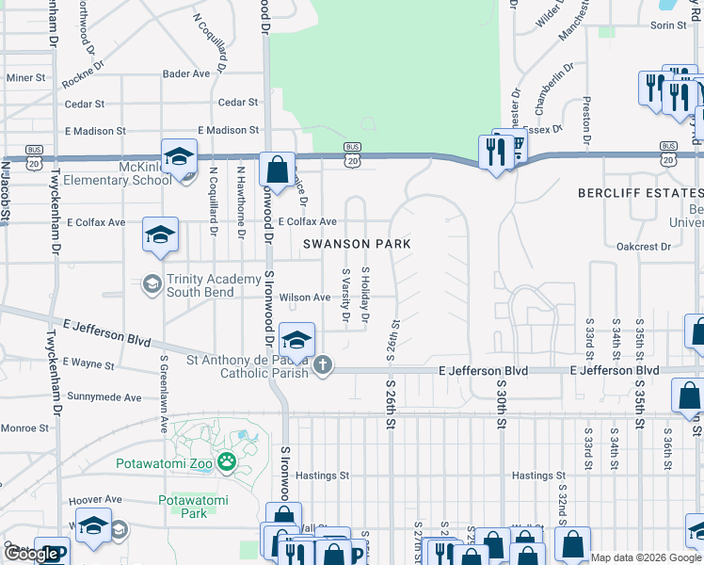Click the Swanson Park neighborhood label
(x=357, y=244)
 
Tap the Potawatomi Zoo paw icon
(x=226, y=461)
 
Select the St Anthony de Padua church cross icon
(x=323, y=363)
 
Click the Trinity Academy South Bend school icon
(x=152, y=283)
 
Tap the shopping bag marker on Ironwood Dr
(x=278, y=171)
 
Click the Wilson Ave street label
(x=304, y=298)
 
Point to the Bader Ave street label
(x=186, y=73)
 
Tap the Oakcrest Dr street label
(x=643, y=247)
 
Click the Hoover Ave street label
(x=94, y=499)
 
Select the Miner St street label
(x=25, y=78)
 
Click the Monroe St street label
(x=24, y=428)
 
